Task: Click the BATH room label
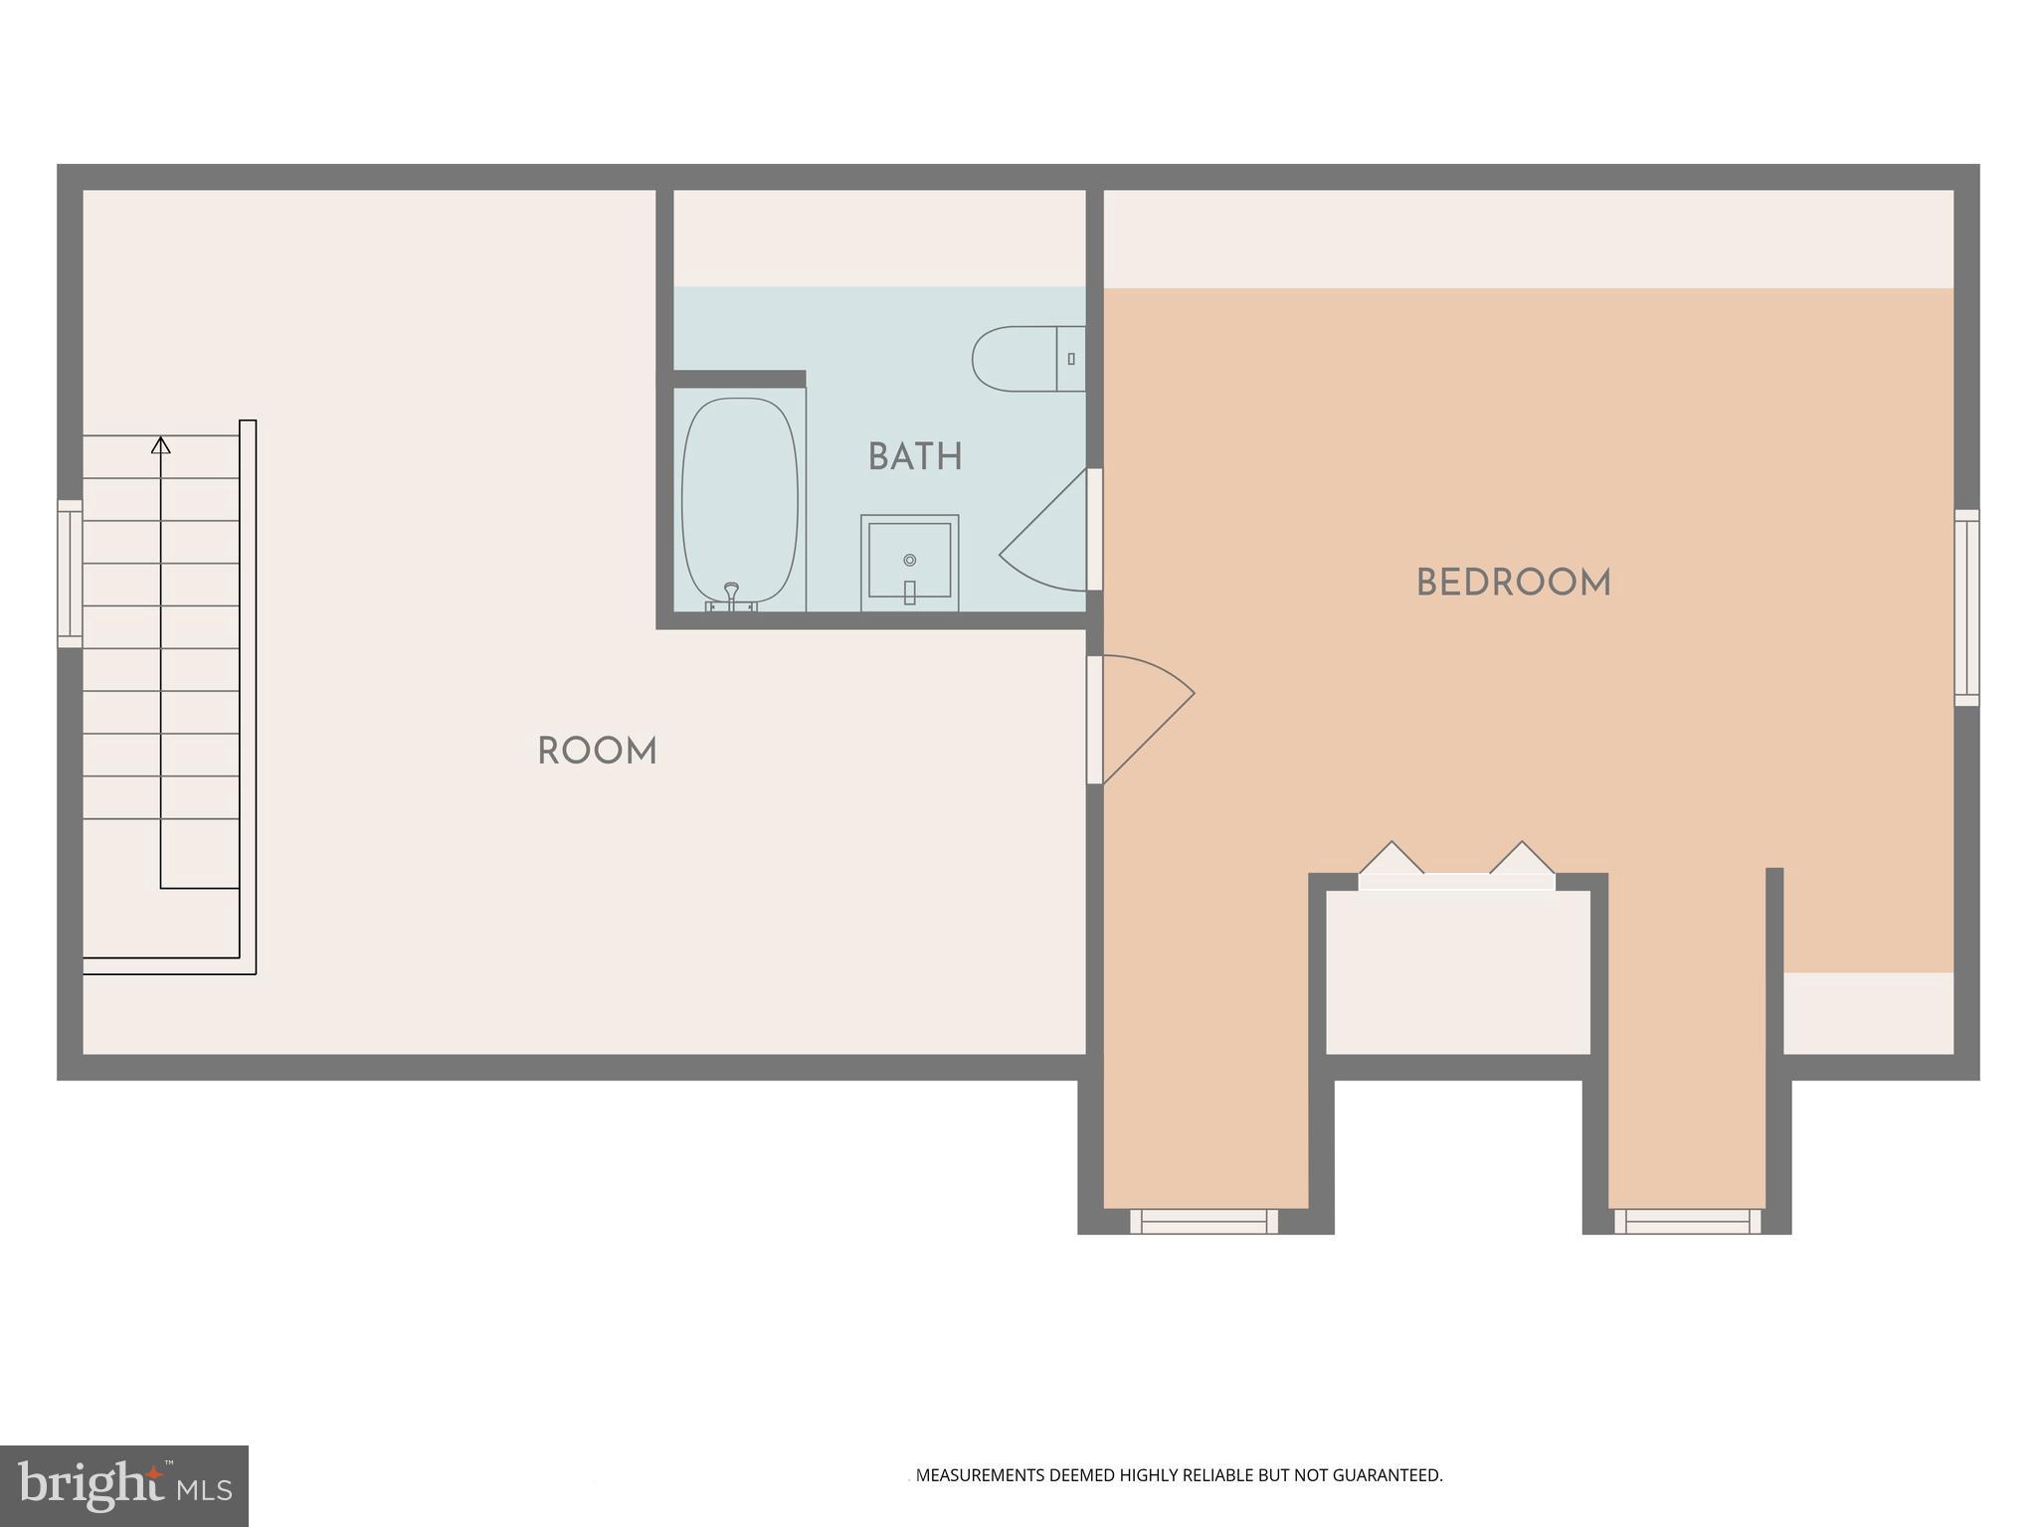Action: pos(914,457)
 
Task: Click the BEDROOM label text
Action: pos(1513,584)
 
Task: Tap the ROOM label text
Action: pos(597,752)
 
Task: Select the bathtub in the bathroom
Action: pos(739,500)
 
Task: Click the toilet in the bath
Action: pos(1024,359)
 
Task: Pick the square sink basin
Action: pos(909,562)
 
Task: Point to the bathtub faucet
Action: pos(732,595)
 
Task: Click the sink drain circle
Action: pos(909,561)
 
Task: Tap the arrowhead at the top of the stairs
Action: pos(160,444)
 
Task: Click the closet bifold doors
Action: pos(1456,867)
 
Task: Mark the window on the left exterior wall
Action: pos(70,574)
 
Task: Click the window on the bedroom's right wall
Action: pos(1966,607)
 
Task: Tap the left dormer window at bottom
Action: pos(1204,1221)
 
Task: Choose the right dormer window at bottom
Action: pos(1687,1221)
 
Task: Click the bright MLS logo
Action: pos(123,1485)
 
